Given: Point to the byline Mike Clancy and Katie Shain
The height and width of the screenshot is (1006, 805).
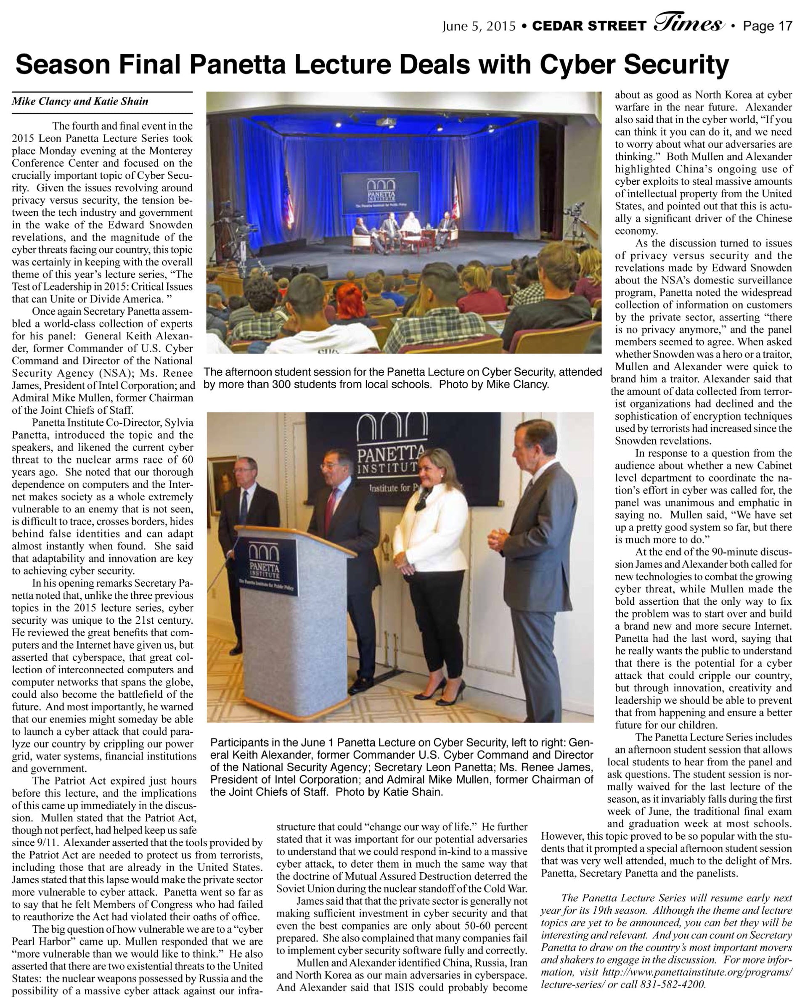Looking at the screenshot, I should (80, 101).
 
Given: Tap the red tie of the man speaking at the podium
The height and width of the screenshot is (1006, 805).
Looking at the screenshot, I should (331, 507).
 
